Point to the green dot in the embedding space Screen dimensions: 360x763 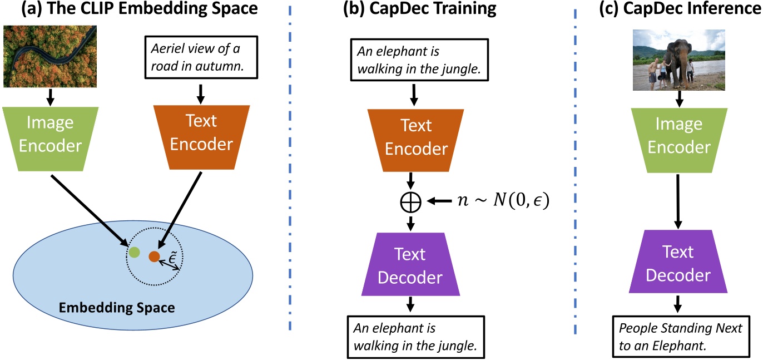pos(134,252)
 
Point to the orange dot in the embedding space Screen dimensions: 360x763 pos(154,257)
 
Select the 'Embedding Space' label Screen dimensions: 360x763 pos(117,307)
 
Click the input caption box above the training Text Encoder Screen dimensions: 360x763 pos(412,60)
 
